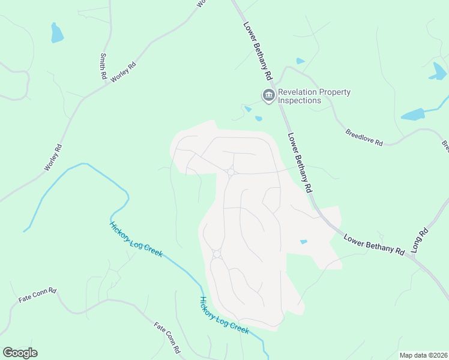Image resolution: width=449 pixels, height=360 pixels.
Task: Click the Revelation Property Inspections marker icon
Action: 268,95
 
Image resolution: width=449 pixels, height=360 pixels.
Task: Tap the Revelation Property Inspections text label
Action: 314,96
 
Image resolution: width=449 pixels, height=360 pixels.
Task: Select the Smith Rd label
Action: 103,67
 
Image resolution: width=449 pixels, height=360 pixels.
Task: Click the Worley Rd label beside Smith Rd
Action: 123,72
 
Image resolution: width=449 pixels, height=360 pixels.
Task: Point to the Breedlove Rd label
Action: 364,137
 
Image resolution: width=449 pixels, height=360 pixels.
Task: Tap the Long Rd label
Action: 420,239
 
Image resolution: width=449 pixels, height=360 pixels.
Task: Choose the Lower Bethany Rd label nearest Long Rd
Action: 375,244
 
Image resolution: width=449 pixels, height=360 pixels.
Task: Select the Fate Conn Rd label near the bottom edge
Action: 167,337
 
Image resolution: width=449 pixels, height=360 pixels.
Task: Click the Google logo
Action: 20,353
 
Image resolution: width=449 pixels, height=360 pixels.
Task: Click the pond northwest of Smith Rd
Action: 56,33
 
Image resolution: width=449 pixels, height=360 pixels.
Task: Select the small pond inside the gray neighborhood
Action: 303,242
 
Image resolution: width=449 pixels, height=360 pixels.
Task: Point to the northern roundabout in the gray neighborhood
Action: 231,173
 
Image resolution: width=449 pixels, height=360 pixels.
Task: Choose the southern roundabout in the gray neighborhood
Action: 217,254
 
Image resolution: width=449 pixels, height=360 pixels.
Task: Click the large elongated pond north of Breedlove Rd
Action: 413,114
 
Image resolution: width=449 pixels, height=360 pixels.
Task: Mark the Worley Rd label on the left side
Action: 53,157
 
